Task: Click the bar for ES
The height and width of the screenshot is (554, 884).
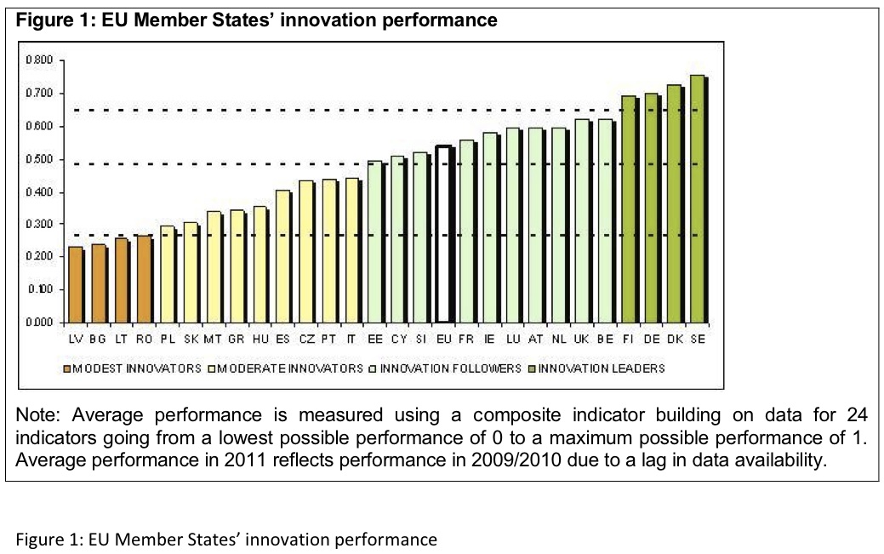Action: [282, 256]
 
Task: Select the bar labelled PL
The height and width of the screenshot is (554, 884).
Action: [168, 274]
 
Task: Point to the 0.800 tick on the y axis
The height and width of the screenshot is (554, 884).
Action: [43, 60]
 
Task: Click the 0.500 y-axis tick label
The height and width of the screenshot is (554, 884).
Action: [43, 159]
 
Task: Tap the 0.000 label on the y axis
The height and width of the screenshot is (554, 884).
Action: [43, 323]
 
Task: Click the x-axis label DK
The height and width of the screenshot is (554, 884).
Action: [675, 339]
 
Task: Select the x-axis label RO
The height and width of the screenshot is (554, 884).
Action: [145, 339]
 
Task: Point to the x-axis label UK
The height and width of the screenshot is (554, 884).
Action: [582, 339]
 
